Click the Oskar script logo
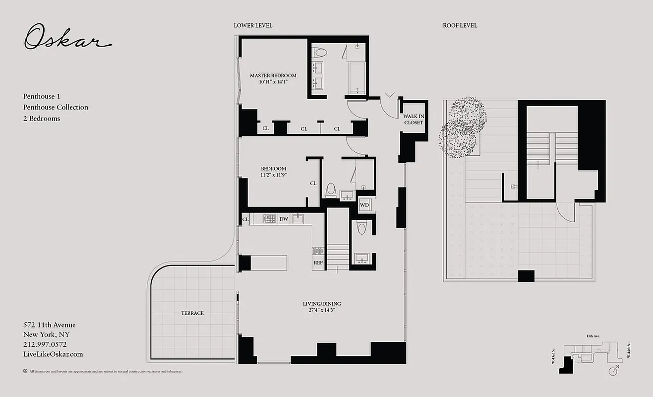pyautogui.click(x=66, y=38)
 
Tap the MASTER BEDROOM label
pyautogui.click(x=273, y=75)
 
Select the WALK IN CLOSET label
pyautogui.click(x=414, y=119)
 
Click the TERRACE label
pyautogui.click(x=192, y=313)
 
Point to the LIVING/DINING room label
pyautogui.click(x=322, y=304)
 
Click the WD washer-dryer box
pyautogui.click(x=364, y=205)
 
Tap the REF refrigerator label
pyautogui.click(x=318, y=263)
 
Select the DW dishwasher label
pyautogui.click(x=284, y=219)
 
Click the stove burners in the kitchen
pyautogui.click(x=269, y=218)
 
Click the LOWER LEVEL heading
pyautogui.click(x=253, y=25)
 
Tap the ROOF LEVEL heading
pyautogui.click(x=460, y=25)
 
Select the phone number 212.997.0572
pyautogui.click(x=45, y=344)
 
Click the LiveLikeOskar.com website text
pyautogui.click(x=53, y=354)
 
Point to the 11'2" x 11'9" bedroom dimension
pyautogui.click(x=273, y=175)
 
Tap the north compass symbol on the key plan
pyautogui.click(x=616, y=369)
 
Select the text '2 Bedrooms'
pyautogui.click(x=42, y=118)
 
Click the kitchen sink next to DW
pyautogui.click(x=298, y=218)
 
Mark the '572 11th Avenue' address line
pyautogui.click(x=49, y=325)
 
